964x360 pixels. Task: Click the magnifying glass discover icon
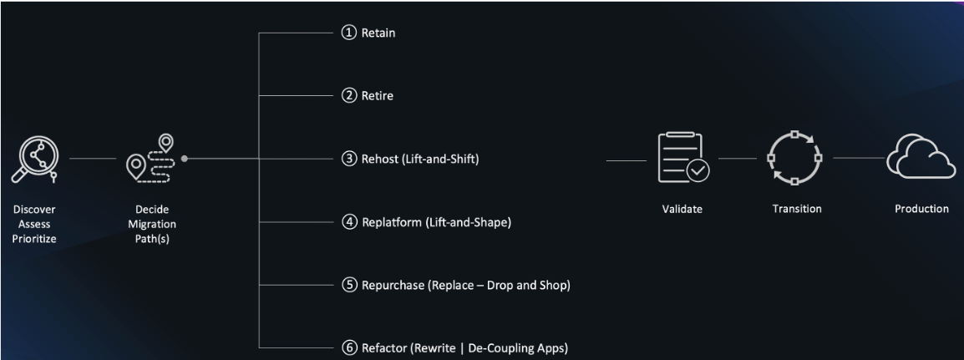(x=34, y=160)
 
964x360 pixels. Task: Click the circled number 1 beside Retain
(x=349, y=33)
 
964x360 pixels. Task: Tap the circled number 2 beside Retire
(x=349, y=95)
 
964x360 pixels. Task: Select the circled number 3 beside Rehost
(x=349, y=158)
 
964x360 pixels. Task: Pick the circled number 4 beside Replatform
(x=349, y=222)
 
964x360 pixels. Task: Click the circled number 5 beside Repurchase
(x=349, y=285)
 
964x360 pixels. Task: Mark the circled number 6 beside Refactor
(x=349, y=347)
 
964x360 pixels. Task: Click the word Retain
(x=378, y=33)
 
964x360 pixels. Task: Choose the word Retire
(x=378, y=96)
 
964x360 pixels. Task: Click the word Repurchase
(x=393, y=286)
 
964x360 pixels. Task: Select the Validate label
(x=682, y=209)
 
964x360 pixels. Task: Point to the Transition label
(x=797, y=209)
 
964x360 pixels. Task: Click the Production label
(x=921, y=209)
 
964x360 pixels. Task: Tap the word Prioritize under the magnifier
(x=34, y=240)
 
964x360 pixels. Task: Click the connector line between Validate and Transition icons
(x=738, y=158)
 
